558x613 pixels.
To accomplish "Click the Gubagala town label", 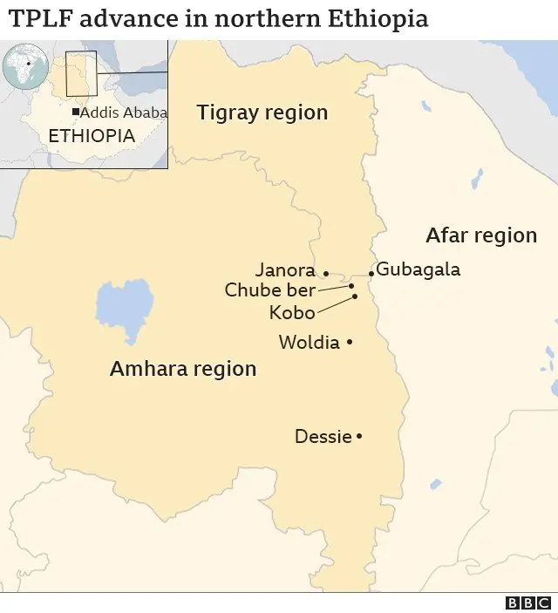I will (x=418, y=269).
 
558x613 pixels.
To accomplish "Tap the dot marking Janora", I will (x=326, y=272).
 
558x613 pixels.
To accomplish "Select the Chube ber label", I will (x=270, y=290).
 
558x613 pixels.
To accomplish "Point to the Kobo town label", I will (x=293, y=312).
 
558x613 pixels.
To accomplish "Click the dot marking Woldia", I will (x=350, y=343).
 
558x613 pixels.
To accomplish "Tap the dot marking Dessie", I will (x=359, y=436).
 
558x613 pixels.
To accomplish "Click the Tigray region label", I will (x=262, y=112).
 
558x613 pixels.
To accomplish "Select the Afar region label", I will (x=481, y=235).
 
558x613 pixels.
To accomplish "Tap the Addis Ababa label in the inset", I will (x=124, y=112).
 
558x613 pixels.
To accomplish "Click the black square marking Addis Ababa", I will (x=76, y=112).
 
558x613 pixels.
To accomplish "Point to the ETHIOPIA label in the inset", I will (x=92, y=136).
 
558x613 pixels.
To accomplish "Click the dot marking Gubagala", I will (x=371, y=273).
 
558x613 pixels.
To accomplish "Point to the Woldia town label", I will (x=309, y=343).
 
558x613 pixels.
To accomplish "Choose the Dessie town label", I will (x=323, y=436).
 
